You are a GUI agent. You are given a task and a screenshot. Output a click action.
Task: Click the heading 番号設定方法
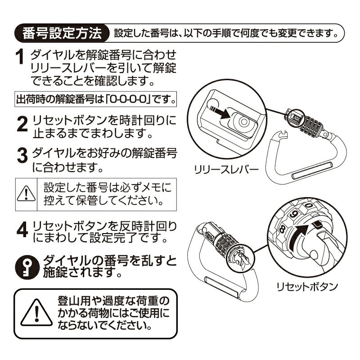62,33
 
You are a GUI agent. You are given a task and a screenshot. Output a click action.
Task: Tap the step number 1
20,57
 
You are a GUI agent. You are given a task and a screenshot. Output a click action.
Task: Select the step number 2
22,124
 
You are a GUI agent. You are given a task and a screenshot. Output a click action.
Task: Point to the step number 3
22,155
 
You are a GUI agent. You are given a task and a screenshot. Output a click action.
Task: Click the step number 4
22,229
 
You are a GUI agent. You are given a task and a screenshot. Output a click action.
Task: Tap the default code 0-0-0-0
128,99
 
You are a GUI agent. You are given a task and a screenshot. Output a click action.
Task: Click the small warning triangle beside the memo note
26,193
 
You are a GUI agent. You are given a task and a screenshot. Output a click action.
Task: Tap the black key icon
27,267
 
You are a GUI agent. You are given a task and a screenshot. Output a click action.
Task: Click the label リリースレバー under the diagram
226,170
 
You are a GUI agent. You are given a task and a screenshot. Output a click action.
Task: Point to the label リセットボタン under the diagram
307,287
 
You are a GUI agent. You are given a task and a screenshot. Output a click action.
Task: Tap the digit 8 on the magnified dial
282,229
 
